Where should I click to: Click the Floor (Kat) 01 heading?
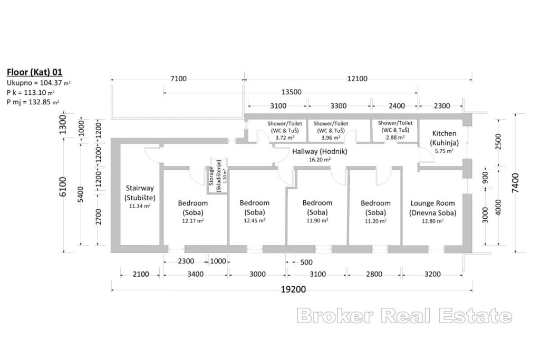pos(34,72)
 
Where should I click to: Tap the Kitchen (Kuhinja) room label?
pos(444,138)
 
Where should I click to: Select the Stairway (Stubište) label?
pos(140,193)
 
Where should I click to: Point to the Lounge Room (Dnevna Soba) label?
pos(432,208)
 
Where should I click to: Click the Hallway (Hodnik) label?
pos(320,151)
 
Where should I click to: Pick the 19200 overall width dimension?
pos(293,289)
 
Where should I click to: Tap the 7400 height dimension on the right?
pos(515,183)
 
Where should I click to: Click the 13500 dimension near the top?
pos(291,92)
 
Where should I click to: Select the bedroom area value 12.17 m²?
pos(193,221)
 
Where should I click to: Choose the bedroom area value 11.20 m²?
pos(375,221)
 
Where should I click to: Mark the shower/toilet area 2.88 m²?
pos(395,138)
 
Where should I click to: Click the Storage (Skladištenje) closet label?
pos(215,176)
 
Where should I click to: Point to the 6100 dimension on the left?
pos(63,187)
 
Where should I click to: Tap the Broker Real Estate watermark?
pos(404,316)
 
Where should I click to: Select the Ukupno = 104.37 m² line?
pos(38,83)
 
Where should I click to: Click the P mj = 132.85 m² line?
pos(33,102)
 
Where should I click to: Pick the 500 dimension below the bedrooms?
pos(306,262)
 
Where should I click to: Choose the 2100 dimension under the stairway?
pos(141,274)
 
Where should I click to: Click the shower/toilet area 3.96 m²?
pos(331,138)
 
